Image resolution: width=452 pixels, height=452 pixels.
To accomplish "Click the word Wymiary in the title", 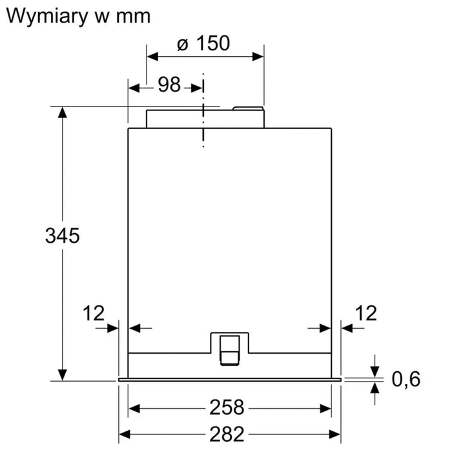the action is pos(46,16).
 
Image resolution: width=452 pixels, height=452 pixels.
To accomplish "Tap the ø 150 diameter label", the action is pos(203,43).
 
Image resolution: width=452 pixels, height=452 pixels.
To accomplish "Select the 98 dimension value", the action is pos(169,85).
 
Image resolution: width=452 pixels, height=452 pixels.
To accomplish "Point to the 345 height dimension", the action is pos(62,236).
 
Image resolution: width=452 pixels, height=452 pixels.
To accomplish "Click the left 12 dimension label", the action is pos(94,313).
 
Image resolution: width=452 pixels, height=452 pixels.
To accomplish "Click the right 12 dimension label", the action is pos(366,313).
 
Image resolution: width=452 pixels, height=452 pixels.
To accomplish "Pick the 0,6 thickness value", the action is pos(406,379).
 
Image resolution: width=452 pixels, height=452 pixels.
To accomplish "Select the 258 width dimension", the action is pos(227,407).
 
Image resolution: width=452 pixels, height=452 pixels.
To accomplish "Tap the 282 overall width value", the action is pos(227,434).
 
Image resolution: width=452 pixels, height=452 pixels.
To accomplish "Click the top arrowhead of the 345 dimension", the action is pos(62,112).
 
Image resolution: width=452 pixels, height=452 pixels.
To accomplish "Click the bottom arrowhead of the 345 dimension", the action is pos(62,375).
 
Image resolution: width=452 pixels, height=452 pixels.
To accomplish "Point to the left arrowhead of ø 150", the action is pos(152,57).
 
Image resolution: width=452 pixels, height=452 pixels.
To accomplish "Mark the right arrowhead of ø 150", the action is pos(258,57).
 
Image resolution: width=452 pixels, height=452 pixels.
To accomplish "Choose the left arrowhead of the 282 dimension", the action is pos(125,434).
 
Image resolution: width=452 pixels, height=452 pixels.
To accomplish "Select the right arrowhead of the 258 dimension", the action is pos(325,409).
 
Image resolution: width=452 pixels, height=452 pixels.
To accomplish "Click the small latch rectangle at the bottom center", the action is pos(230,351).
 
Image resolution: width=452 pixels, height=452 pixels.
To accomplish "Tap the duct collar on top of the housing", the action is pos(205,119).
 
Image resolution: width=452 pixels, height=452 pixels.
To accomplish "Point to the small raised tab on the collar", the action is pos(248,108).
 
